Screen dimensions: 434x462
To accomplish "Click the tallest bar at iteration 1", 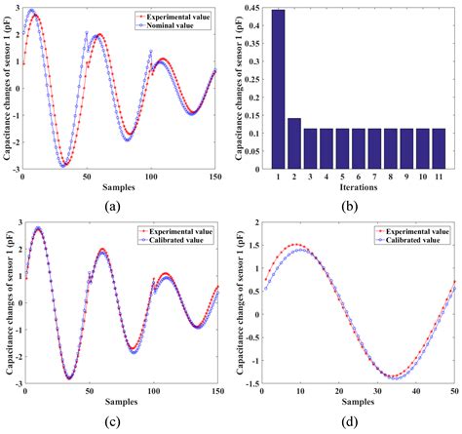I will click(278, 92).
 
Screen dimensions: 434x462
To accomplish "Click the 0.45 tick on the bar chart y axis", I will click(251, 9).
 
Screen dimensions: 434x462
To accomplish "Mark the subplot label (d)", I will click(355, 424).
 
